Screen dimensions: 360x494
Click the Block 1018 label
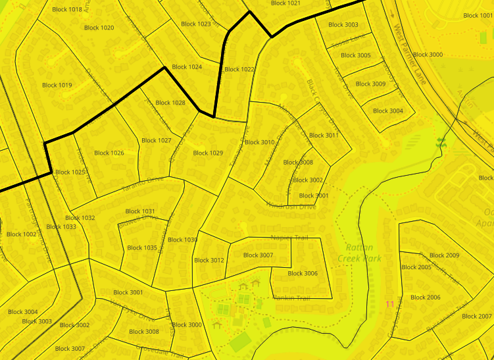point(66,9)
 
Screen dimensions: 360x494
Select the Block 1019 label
point(57,85)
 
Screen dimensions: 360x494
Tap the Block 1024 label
point(187,67)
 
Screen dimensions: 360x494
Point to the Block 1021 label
point(285,3)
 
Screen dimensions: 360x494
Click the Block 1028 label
point(170,103)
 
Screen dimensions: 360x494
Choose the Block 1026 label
point(109,153)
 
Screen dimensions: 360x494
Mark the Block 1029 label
point(208,153)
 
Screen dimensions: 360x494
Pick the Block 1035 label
point(142,248)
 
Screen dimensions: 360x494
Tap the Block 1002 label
point(22,234)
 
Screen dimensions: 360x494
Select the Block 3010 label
point(259,142)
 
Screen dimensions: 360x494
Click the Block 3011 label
point(324,136)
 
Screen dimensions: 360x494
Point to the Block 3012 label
point(209,261)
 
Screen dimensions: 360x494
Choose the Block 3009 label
point(370,84)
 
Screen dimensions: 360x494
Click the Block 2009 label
point(444,255)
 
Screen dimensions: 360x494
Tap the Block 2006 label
point(425,297)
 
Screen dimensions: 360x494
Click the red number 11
point(389,304)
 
